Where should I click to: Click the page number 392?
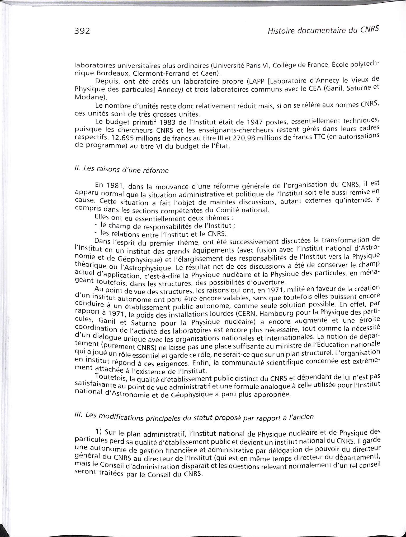82,31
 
